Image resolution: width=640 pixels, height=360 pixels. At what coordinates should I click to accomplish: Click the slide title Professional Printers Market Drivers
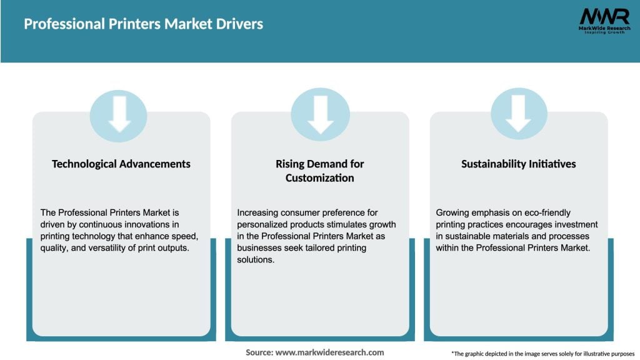pos(143,24)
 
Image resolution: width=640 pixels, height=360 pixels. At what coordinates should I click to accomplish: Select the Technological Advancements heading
pos(121,164)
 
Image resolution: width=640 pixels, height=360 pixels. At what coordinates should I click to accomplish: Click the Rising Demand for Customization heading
pos(319,171)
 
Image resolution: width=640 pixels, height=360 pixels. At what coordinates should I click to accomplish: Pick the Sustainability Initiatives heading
pos(518,164)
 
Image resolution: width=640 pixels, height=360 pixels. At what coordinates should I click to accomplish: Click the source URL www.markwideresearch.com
pos(329,352)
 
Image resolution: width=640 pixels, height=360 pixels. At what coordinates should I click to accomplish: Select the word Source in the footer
pos(259,352)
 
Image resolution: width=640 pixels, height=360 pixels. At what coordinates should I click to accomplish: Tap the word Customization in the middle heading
pos(319,178)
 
